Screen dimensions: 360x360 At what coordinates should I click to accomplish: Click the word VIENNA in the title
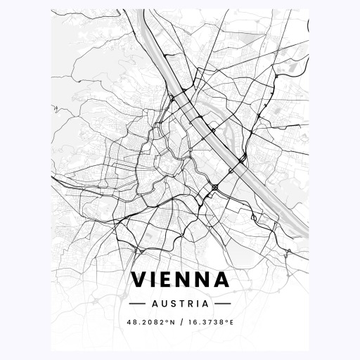(180, 280)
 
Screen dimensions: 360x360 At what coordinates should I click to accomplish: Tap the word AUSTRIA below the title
(180, 304)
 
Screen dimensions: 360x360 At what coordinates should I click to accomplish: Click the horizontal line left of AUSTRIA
(137, 304)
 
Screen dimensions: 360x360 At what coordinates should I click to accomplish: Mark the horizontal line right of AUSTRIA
(222, 304)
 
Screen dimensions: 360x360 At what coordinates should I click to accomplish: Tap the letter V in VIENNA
(139, 280)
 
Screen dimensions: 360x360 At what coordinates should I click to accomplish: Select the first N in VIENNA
(188, 280)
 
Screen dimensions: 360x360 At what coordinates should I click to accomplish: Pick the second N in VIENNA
(206, 280)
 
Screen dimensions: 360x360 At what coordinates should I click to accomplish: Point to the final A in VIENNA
(223, 280)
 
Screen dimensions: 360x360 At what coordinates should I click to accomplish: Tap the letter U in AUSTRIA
(164, 304)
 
